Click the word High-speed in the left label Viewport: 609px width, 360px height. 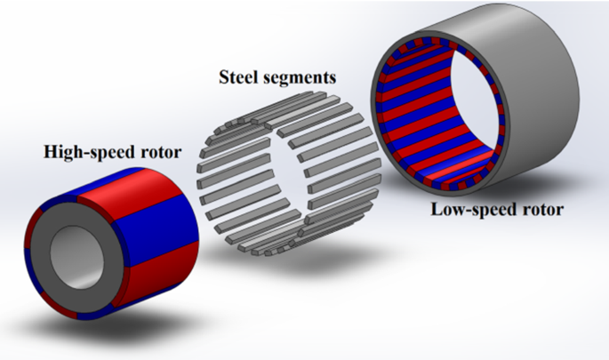point(85,153)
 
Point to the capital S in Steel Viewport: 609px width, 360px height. point(224,76)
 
